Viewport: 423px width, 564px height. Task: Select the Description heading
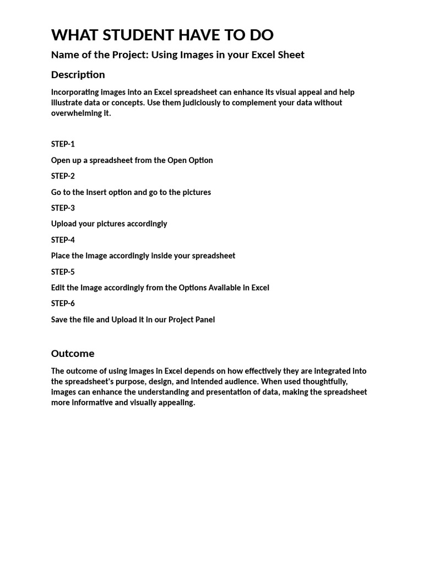pos(78,74)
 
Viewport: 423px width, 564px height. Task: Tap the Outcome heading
pos(73,353)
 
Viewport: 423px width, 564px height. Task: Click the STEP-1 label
pos(63,144)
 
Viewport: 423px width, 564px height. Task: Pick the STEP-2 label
pos(63,176)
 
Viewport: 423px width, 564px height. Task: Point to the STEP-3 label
pos(63,208)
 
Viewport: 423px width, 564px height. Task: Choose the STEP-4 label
pos(63,240)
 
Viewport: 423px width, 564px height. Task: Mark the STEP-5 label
pos(63,272)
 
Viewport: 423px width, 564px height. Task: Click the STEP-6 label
pos(63,303)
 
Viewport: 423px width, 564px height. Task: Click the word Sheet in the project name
pos(290,55)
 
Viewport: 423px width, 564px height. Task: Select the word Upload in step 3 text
pos(64,224)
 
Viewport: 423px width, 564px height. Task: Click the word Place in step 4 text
pos(60,256)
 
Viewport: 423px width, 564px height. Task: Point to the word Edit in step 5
pos(58,288)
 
